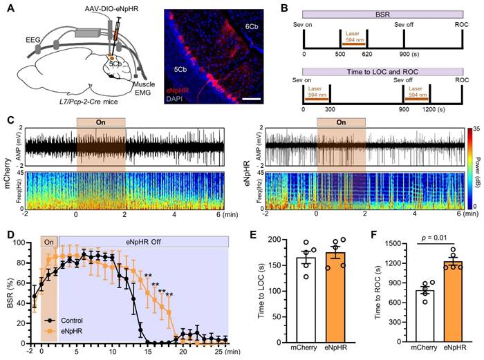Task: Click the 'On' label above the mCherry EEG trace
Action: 101,122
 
